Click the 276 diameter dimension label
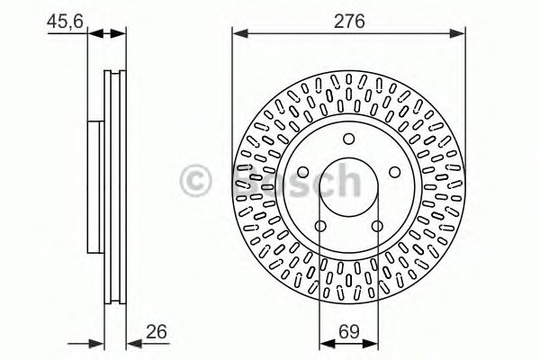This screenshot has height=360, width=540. pos(349,22)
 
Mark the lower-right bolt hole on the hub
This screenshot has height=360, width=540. pos(376,225)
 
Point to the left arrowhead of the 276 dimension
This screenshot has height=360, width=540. pos(238,35)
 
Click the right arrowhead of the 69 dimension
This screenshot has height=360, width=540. pos(372,341)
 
